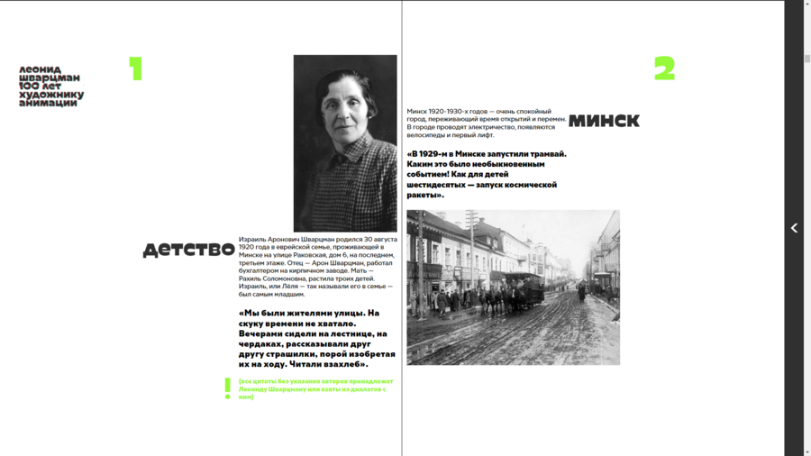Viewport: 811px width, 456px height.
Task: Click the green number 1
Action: coord(136,69)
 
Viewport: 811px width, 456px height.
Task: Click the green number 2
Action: coord(664,68)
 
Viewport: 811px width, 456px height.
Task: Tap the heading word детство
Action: coord(188,250)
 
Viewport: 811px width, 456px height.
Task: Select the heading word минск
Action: coord(604,121)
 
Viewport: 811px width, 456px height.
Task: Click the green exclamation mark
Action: coord(227,388)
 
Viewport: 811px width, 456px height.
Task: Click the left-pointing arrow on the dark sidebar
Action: coord(794,229)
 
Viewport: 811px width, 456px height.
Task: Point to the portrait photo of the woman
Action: coord(345,143)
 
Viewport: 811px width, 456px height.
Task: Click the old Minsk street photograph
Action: coord(513,287)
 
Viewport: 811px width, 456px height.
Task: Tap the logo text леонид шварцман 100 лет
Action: coord(51,87)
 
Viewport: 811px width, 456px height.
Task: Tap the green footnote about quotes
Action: coord(315,388)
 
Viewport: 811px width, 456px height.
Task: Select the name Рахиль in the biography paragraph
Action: coord(253,278)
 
